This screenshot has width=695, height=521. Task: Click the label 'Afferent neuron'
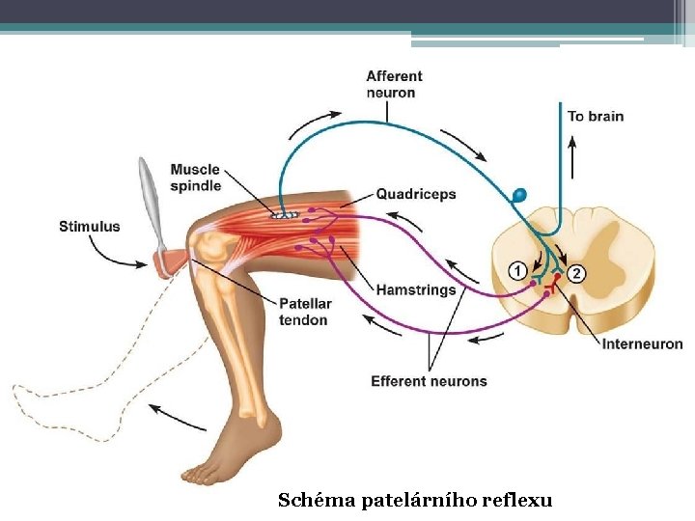click(x=394, y=85)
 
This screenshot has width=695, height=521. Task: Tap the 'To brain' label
click(x=596, y=117)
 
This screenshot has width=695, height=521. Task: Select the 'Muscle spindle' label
click(x=196, y=178)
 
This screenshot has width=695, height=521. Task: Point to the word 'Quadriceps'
click(x=416, y=194)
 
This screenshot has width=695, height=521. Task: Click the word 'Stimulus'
click(x=90, y=227)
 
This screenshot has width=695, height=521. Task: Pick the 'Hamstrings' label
click(x=416, y=289)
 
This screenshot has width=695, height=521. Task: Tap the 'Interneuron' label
click(x=643, y=343)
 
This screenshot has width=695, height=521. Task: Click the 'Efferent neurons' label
click(x=429, y=381)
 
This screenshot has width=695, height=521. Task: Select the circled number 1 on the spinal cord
click(x=517, y=271)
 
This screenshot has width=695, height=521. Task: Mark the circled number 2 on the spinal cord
click(x=576, y=273)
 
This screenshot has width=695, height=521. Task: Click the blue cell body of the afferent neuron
click(x=520, y=195)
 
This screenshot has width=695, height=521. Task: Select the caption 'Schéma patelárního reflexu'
click(x=415, y=500)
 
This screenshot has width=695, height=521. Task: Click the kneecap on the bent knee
click(x=210, y=246)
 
